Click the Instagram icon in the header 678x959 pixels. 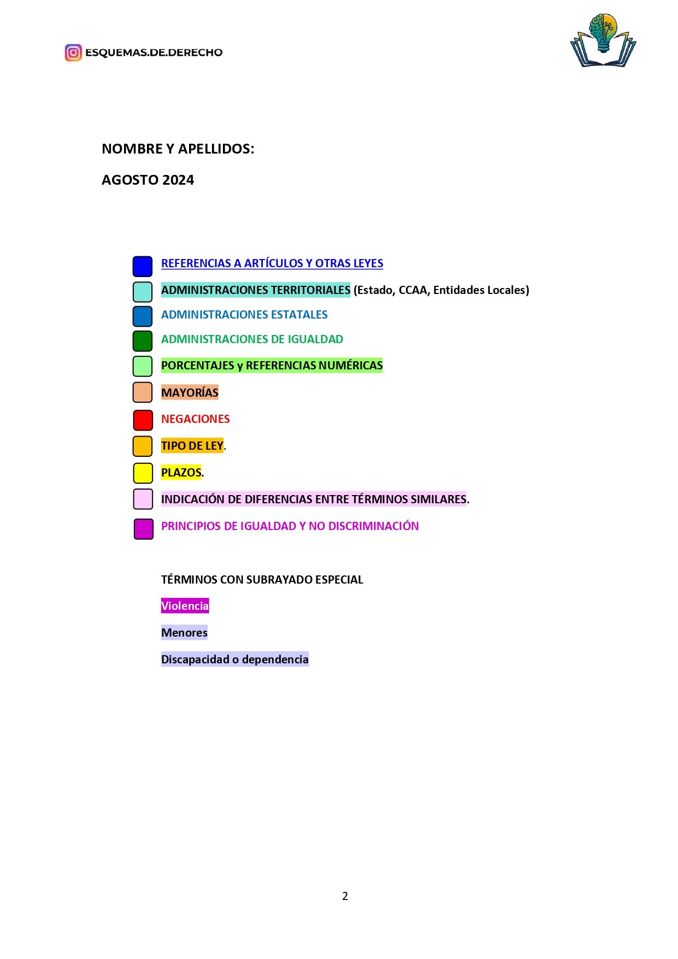pos(73,52)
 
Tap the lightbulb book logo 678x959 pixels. pos(603,40)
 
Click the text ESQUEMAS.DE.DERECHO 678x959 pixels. pos(154,52)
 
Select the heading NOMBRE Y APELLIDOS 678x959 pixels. pos(178,149)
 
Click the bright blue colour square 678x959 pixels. pos(143,266)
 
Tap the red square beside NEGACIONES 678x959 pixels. pos(143,420)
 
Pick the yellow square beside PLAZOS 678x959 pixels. pos(143,473)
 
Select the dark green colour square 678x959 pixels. pos(143,340)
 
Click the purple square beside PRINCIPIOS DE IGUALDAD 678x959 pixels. pos(143,529)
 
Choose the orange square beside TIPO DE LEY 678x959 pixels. pos(143,446)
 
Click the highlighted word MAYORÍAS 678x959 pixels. pos(190,392)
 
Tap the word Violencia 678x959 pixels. pos(185,605)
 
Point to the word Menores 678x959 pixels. pos(184,632)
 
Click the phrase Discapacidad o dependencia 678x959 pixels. pos(234,659)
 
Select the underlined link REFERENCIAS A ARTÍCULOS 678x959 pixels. pos(272,263)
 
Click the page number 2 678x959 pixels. pos(345,896)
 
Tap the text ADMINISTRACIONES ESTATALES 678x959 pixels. pos(244,315)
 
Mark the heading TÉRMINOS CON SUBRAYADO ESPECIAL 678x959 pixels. pos(262,579)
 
